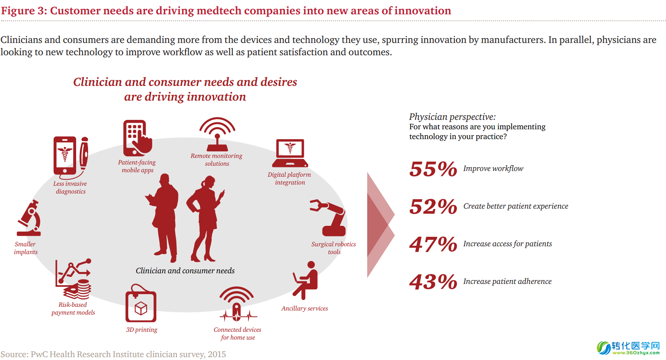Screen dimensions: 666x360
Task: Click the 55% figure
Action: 433,169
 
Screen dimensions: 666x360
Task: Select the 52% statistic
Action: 433,207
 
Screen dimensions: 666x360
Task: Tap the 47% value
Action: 433,244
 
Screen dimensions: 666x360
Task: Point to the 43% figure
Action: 433,281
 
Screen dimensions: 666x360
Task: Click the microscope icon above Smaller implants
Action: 29,218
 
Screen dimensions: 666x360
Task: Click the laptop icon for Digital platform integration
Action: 290,153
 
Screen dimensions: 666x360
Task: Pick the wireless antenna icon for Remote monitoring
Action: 217,134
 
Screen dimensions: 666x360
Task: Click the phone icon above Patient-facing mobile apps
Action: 138,138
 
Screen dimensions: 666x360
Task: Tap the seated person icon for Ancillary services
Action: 306,280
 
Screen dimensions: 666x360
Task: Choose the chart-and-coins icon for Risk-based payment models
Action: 73,279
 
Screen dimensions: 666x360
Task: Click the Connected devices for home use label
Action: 237,333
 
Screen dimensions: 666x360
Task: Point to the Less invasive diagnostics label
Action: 70,187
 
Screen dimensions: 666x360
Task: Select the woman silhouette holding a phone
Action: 205,219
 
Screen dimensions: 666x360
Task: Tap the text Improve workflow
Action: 493,169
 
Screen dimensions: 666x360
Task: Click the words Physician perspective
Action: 452,117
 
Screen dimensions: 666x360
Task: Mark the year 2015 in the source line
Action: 217,354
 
